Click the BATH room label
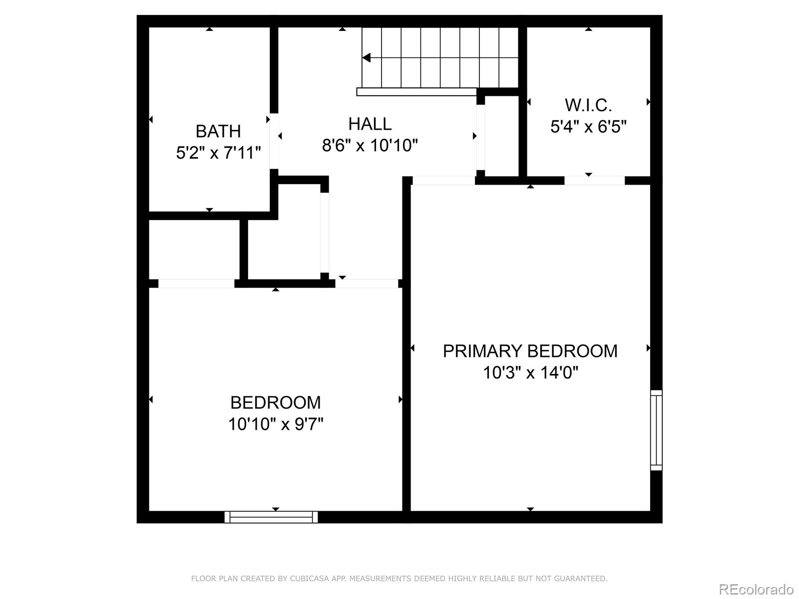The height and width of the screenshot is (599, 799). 218,131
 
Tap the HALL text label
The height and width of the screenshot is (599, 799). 370,124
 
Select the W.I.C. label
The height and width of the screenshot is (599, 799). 588,105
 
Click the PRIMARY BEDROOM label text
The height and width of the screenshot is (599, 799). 530,351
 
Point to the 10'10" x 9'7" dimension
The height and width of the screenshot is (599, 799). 276,424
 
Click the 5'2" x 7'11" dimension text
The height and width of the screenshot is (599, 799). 218,153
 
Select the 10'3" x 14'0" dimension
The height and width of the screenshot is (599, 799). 530,372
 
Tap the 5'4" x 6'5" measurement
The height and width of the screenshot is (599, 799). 588,127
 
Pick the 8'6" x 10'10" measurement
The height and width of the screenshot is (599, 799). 370,146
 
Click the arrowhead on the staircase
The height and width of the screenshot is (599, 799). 367,58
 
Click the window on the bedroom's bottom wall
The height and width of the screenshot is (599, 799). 271,517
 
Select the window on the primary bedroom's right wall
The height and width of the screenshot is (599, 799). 656,430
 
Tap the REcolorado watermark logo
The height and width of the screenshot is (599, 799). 756,589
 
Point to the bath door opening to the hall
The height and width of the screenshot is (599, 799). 274,142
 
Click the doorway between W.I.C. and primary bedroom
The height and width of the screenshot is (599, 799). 594,181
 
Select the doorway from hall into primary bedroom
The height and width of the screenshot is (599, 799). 443,181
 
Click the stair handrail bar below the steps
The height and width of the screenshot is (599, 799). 416,92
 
